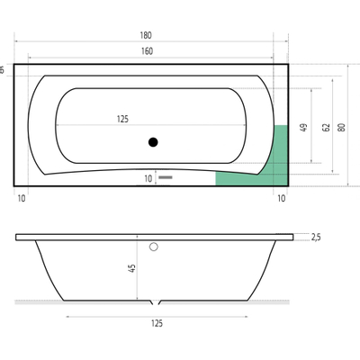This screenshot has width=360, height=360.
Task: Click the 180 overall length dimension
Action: coord(146,36)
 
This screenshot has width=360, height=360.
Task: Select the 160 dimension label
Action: coord(146,50)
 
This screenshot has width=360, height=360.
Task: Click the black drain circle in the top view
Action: coord(153,141)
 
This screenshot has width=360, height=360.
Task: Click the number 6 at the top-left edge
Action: coord(3,69)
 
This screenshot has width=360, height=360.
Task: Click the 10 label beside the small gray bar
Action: coord(148,178)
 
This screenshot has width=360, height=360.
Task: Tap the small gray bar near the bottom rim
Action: coord(166,178)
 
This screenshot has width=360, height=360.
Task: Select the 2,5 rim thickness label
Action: coord(315,238)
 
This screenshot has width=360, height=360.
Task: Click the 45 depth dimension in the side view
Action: coord(132,267)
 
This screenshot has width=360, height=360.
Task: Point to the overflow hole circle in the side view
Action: coord(154,246)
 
